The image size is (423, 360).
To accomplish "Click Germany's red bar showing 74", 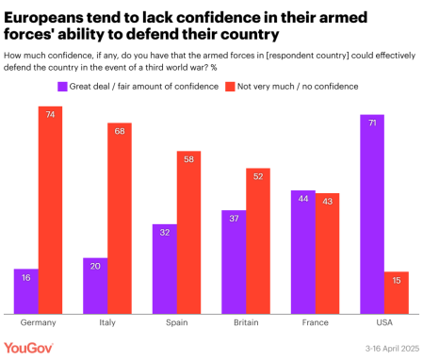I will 50,209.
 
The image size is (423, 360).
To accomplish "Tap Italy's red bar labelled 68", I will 119,218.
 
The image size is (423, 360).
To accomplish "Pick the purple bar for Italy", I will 94,285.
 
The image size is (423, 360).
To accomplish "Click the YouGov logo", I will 27,347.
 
